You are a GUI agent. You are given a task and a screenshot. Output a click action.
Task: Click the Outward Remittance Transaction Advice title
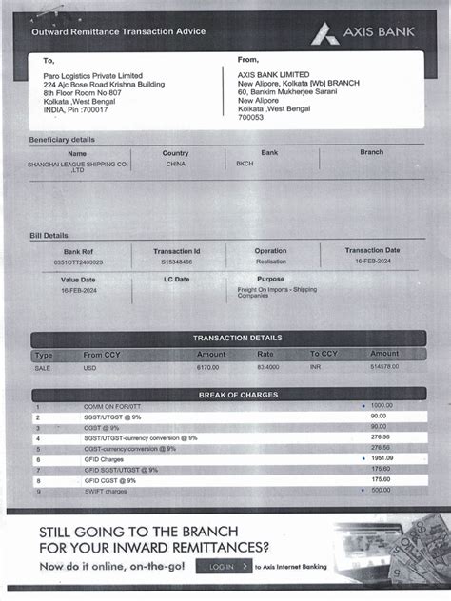118,31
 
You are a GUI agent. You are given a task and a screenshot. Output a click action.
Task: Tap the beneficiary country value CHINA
175,164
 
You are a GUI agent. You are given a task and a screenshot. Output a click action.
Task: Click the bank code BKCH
245,164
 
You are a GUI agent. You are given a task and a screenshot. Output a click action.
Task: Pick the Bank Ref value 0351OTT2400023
78,262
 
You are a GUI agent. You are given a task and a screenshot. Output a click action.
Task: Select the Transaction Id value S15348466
176,262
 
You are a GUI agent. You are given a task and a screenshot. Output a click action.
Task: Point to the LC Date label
176,280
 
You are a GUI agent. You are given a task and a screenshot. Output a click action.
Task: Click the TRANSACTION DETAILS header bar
237,338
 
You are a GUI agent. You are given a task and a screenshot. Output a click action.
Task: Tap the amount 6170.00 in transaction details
207,366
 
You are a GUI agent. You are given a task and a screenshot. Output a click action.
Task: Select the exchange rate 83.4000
267,366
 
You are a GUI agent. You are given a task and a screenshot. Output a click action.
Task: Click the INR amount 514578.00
384,366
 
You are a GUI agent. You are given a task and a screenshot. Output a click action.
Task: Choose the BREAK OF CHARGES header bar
237,395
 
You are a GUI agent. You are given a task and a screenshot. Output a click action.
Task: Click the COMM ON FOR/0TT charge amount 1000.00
381,406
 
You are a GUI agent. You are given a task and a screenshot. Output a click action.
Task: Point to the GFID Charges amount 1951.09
381,458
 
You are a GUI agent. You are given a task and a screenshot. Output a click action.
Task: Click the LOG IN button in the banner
224,567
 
